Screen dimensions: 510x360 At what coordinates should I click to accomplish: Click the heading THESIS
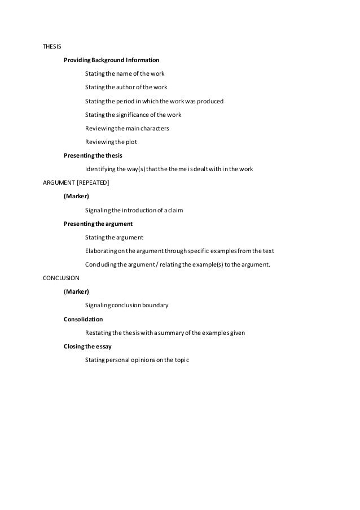click(52, 46)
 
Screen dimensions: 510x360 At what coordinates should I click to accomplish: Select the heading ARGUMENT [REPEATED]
click(76, 182)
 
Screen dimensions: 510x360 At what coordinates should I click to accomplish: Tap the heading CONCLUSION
click(62, 278)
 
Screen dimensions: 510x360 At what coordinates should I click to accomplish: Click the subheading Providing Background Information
click(111, 60)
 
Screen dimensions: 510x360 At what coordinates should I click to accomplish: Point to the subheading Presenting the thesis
click(93, 155)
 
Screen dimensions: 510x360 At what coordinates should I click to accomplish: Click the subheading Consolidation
click(84, 319)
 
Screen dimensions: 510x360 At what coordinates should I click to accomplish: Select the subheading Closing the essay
click(88, 346)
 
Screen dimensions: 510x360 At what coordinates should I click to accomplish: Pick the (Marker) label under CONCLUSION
click(76, 291)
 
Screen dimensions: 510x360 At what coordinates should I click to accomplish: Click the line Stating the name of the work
click(125, 73)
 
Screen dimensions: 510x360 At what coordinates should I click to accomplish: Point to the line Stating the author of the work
click(126, 87)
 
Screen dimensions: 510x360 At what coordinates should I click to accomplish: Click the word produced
click(210, 101)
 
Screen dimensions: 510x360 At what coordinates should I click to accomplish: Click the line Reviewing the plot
click(111, 142)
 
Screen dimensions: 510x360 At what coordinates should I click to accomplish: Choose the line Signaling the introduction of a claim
click(134, 210)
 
